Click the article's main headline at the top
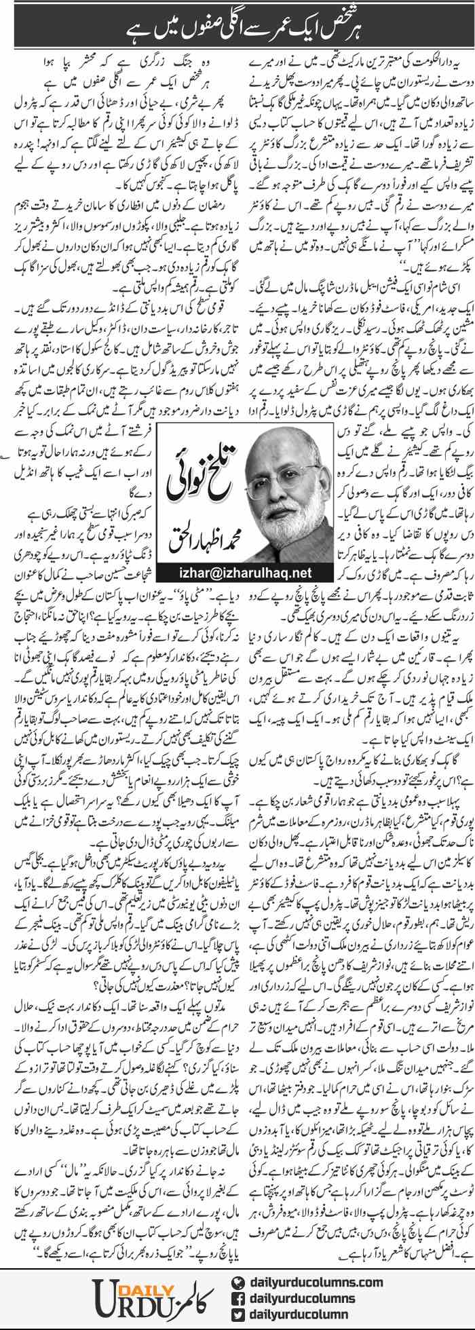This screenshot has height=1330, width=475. pyautogui.click(x=237, y=28)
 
